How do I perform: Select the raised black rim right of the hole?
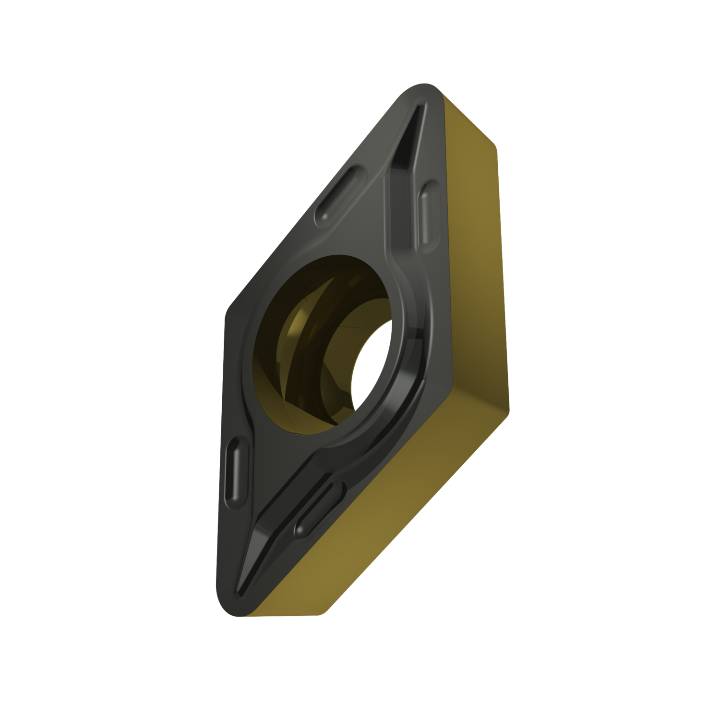[413, 346]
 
